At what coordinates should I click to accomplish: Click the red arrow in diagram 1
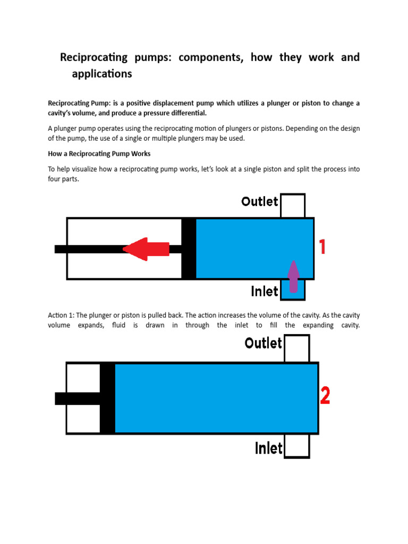point(146,249)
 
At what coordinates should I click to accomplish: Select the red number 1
point(321,248)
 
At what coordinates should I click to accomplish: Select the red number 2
point(325,396)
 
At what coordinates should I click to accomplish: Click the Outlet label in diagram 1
point(260,201)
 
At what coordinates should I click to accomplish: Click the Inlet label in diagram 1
point(265,291)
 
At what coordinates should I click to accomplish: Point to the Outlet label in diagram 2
point(263,343)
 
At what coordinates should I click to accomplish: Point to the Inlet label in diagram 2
point(269,448)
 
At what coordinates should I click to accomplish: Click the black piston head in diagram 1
point(189,249)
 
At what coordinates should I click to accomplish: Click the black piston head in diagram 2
point(107,398)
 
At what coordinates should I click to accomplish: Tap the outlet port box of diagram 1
point(293,206)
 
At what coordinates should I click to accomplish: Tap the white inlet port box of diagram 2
point(296,446)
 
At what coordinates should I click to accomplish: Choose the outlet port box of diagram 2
point(296,348)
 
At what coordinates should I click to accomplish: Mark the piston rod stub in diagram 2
point(77,398)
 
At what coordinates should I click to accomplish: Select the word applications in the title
point(102,74)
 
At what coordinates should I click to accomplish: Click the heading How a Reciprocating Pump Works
point(99,154)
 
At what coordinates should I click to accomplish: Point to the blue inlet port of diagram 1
point(293,290)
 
